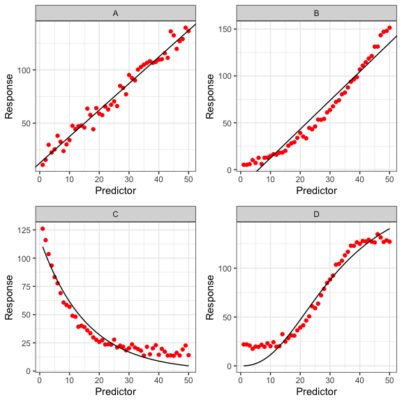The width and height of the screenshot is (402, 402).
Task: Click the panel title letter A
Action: pos(115,13)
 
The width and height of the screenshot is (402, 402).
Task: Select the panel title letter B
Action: pos(316,13)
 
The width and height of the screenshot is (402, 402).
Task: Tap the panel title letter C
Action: pos(115,214)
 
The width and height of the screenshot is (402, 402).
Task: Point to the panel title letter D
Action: pos(316,214)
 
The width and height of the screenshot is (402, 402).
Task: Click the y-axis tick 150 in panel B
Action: pos(228,29)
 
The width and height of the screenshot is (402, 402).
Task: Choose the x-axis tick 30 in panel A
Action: pos(128,178)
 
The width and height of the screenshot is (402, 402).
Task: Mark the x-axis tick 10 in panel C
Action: pos(69,379)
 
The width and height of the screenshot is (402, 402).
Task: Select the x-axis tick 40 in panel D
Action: pos(359,379)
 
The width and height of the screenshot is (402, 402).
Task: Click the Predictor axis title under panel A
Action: pos(115,190)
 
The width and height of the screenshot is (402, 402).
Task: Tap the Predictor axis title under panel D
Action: pos(316,391)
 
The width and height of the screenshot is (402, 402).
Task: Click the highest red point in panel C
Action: pos(43,229)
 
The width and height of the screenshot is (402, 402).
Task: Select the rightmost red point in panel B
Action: pos(389,28)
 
